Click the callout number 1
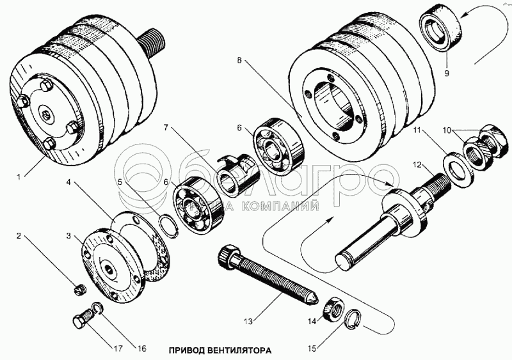tap(18, 174)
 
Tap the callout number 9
tap(447, 72)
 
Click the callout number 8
tap(238, 60)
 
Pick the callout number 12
tap(417, 165)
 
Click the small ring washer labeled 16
tap(96, 308)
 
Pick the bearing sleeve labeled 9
tap(439, 29)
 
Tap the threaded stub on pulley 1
tap(152, 43)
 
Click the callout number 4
tap(68, 183)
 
